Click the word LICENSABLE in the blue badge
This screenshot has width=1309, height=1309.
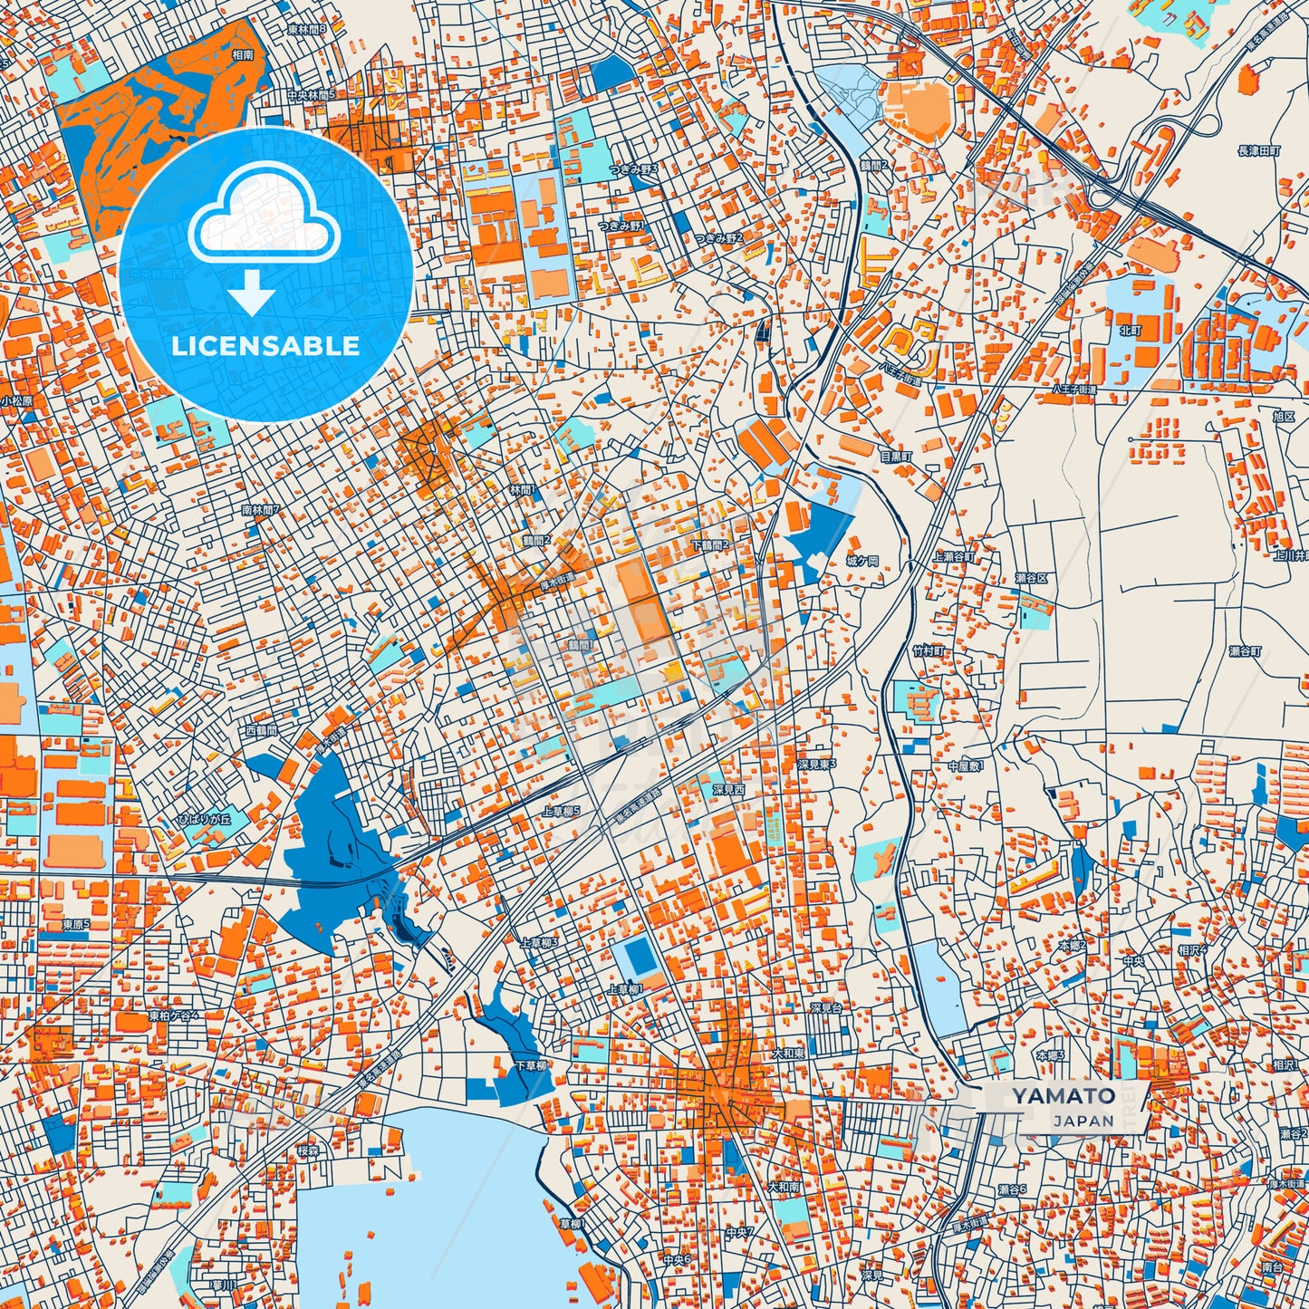click(x=265, y=346)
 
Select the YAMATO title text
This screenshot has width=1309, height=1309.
click(x=1064, y=1095)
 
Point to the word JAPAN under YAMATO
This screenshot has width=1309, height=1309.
click(x=1083, y=1121)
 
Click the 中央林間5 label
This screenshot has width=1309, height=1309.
click(x=312, y=94)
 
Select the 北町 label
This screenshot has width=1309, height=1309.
click(x=1131, y=331)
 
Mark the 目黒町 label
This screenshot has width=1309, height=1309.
click(x=897, y=457)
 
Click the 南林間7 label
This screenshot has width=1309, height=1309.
click(x=261, y=509)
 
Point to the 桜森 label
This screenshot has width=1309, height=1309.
click(x=308, y=1150)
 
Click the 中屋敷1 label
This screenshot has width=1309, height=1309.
click(x=966, y=766)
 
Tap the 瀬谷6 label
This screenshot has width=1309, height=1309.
click(x=1012, y=1189)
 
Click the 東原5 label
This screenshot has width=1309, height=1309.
click(x=76, y=924)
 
